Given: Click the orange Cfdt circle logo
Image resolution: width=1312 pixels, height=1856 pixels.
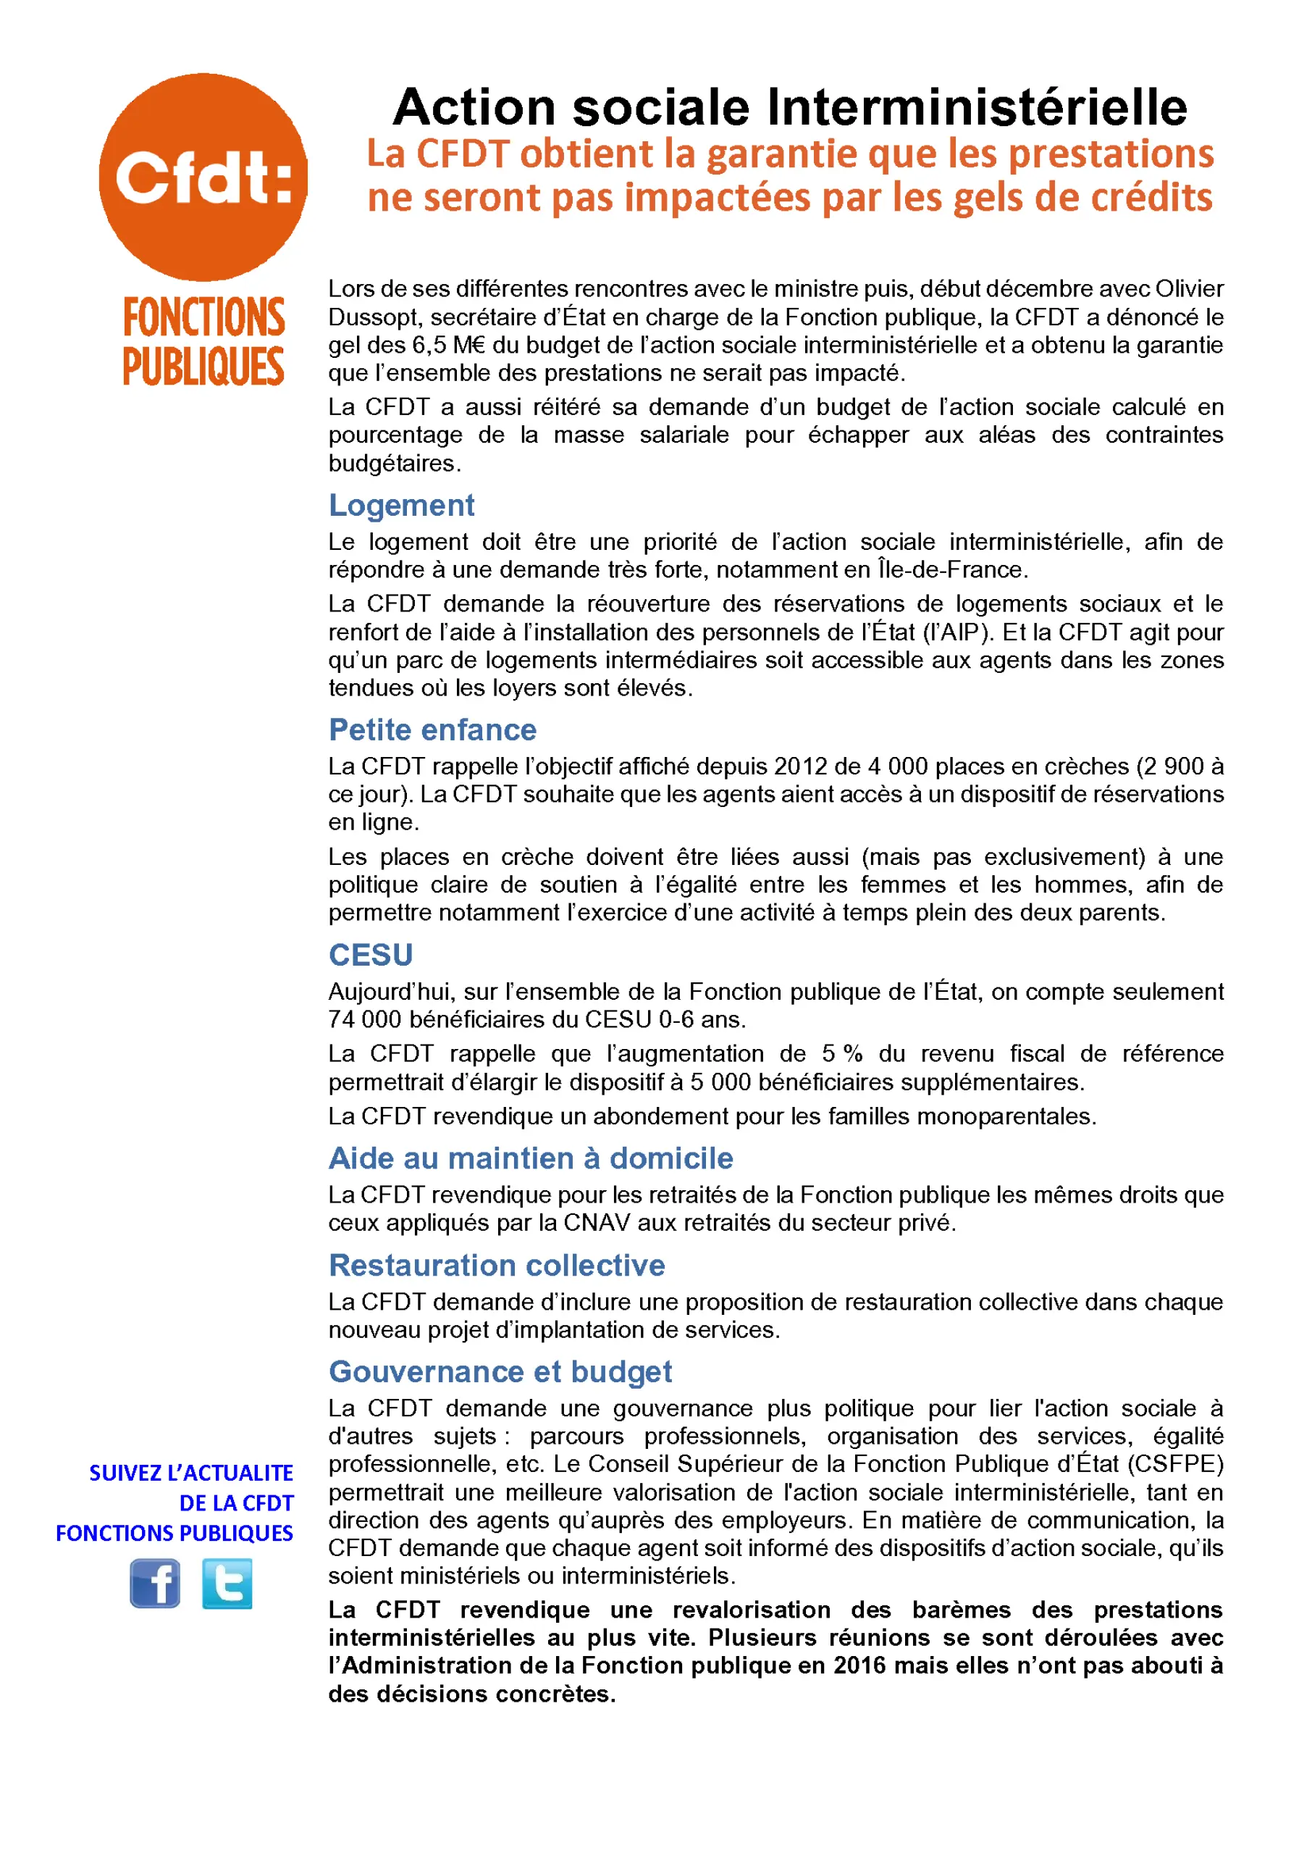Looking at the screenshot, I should [203, 177].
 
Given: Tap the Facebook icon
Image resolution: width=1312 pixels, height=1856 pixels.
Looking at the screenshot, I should [155, 1584].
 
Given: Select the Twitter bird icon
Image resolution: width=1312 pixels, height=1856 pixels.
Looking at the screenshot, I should [227, 1584].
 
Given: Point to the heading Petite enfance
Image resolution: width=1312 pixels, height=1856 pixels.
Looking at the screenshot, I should [432, 730].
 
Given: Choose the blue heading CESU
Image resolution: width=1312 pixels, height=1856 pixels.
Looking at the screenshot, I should [370, 956].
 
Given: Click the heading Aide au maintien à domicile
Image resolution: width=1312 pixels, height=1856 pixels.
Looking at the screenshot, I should [530, 1158].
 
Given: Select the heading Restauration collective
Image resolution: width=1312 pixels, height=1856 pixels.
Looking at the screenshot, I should [496, 1265].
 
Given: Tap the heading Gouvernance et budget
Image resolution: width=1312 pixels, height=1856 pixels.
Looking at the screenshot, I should [500, 1372].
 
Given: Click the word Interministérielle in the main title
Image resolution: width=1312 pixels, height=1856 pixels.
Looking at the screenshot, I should [977, 107].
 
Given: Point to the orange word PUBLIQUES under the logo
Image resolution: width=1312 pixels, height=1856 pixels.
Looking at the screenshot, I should [203, 368].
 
